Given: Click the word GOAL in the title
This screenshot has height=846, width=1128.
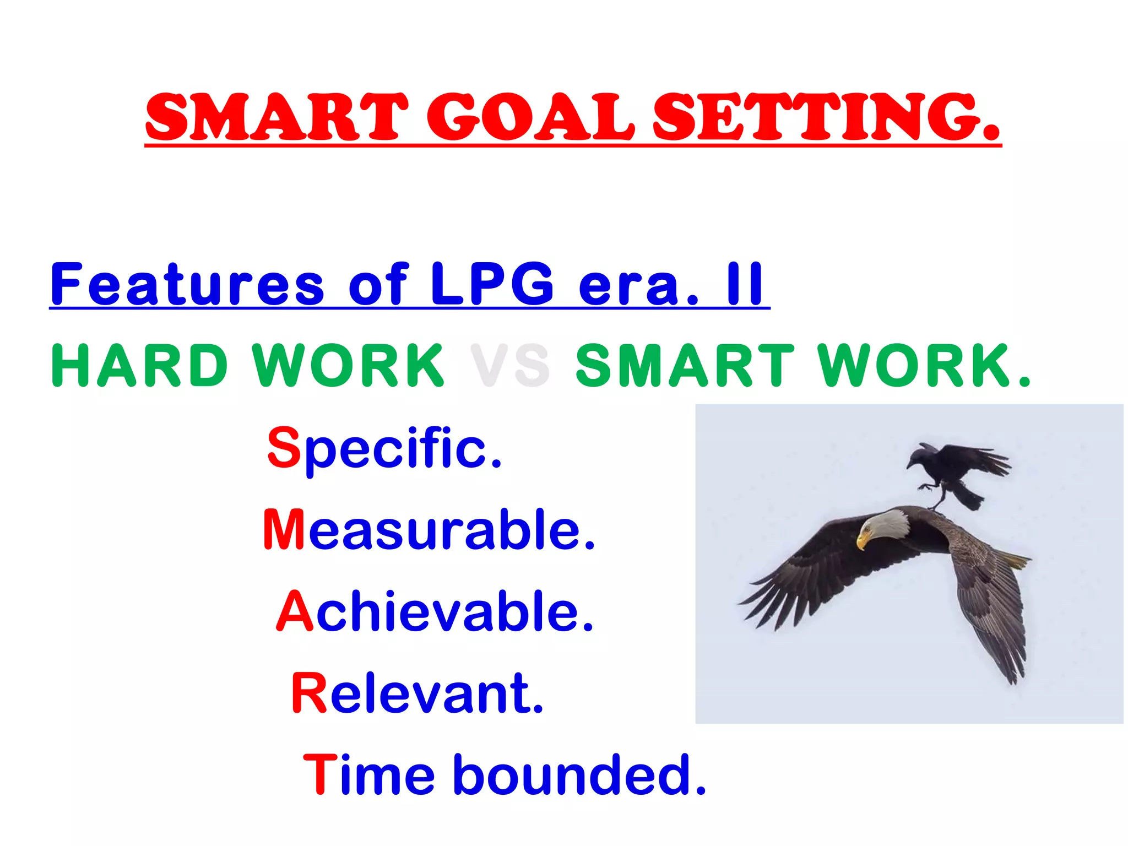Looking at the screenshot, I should tap(531, 117).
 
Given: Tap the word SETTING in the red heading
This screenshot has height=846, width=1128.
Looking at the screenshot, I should tap(826, 117).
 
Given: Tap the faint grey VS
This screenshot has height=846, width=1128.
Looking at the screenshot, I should tap(509, 366).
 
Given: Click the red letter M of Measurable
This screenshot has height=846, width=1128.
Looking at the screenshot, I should tap(284, 529).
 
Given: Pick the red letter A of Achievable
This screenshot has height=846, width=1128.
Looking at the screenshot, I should tap(295, 611).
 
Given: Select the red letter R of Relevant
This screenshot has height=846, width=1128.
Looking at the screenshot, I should tap(310, 693).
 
